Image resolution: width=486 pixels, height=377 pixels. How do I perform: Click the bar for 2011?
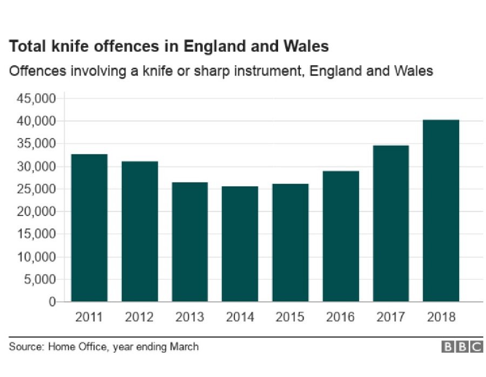89,227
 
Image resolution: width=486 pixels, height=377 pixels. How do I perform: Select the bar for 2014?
240,244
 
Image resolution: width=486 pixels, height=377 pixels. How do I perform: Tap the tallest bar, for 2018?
441,210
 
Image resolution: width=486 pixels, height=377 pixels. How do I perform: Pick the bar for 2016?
340,236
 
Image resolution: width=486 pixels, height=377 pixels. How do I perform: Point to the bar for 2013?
190,241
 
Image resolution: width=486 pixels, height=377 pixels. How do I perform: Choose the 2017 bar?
390,223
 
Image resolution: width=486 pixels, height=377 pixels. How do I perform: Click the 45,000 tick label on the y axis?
37,99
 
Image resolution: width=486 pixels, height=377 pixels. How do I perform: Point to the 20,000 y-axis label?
37,212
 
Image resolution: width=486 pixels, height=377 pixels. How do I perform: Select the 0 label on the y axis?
53,302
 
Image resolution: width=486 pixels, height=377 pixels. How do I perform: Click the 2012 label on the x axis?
139,317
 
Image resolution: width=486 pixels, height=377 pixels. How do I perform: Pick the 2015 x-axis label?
290,317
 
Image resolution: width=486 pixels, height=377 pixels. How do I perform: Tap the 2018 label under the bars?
441,317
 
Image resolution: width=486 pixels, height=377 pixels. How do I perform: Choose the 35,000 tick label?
37,144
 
